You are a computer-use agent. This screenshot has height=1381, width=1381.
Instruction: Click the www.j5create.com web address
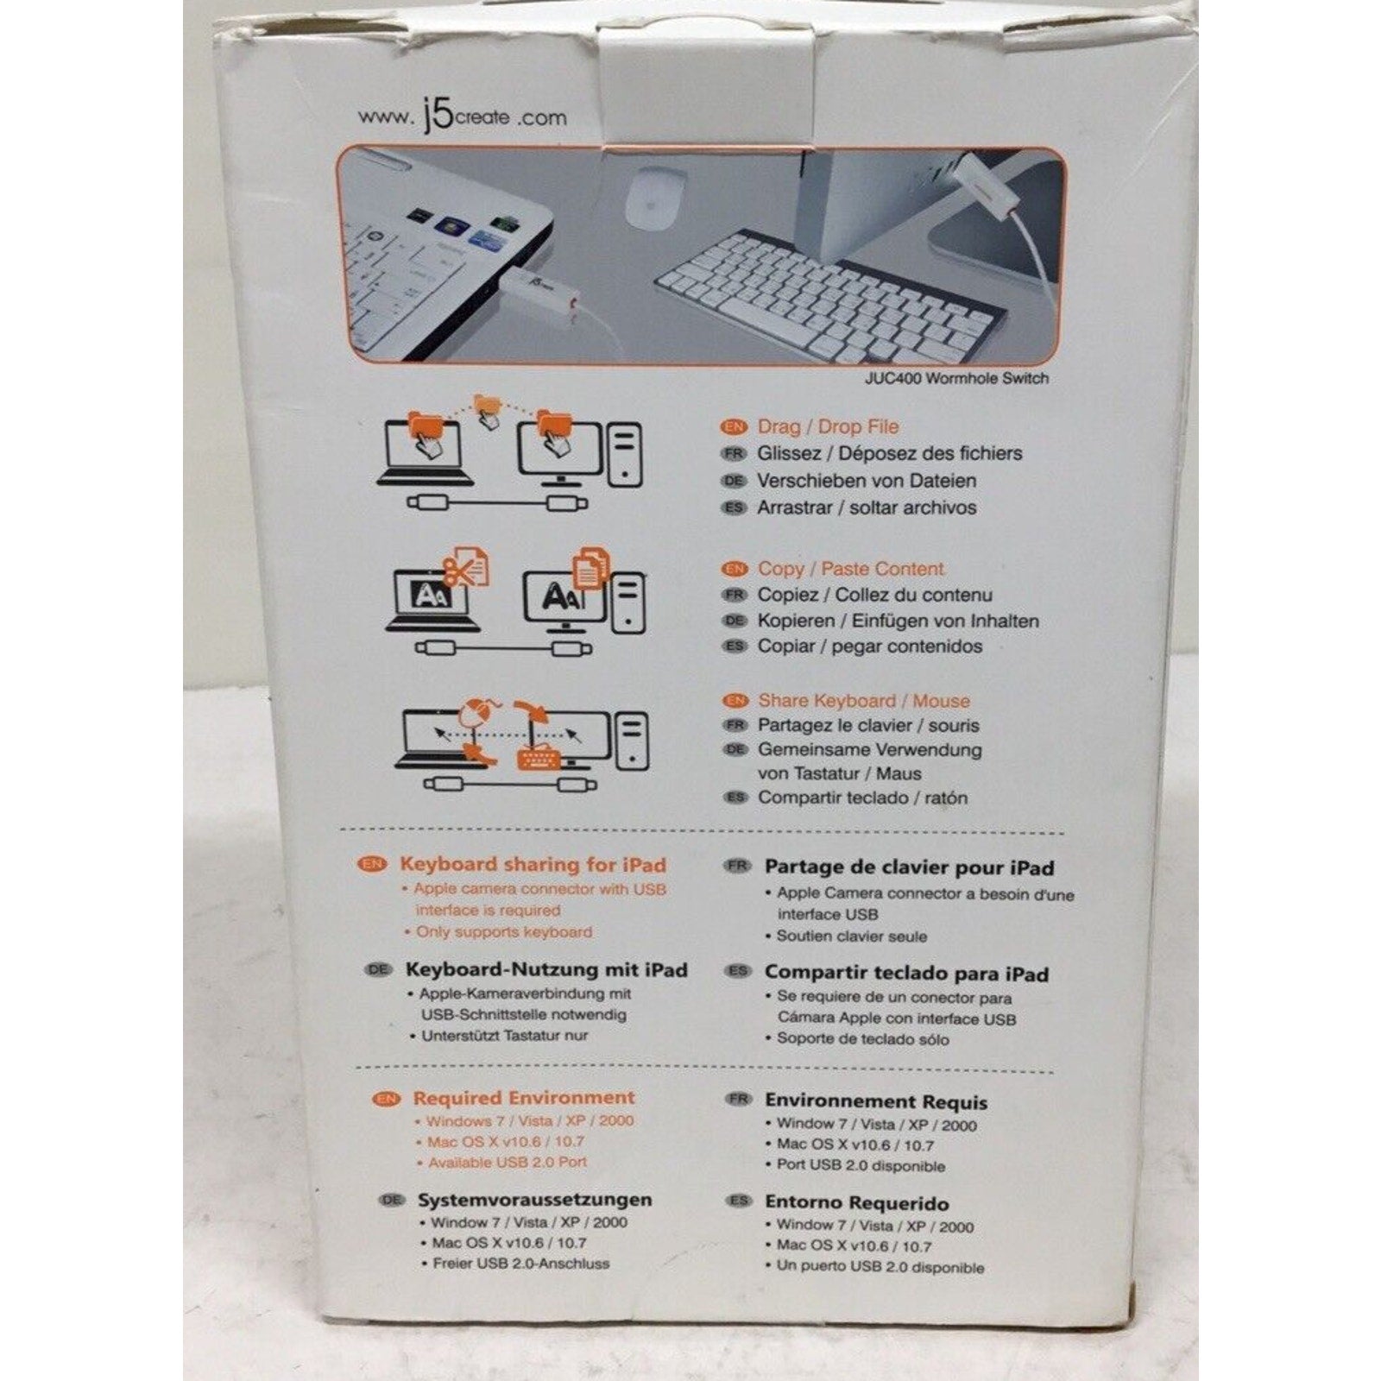(463, 117)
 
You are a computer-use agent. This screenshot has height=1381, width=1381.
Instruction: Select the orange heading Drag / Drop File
(828, 426)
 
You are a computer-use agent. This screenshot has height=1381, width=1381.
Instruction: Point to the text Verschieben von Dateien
(867, 481)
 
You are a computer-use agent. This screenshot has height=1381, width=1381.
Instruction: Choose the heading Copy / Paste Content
(850, 569)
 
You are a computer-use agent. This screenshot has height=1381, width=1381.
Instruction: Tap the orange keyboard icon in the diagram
(539, 758)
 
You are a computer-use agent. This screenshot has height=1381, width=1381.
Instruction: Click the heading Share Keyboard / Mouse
(863, 701)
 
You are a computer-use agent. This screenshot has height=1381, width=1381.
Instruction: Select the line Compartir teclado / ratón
(862, 798)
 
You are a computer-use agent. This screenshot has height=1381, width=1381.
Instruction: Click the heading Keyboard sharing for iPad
(533, 865)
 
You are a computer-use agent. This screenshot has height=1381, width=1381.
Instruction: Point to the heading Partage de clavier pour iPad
(909, 867)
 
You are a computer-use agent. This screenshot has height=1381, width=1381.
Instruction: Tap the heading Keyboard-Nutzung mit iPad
(546, 970)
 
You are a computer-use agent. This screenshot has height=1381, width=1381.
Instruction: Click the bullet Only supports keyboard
(504, 932)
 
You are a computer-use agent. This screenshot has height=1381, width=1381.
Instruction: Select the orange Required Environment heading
(524, 1098)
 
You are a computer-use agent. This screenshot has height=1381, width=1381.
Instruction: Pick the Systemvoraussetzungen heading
(534, 1200)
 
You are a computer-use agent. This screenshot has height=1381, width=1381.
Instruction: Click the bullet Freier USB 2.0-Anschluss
(520, 1264)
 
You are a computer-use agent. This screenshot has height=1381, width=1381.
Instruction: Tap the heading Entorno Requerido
(856, 1203)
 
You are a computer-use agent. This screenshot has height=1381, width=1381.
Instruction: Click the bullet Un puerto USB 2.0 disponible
(880, 1268)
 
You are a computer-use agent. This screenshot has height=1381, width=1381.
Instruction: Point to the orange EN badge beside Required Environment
(385, 1099)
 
